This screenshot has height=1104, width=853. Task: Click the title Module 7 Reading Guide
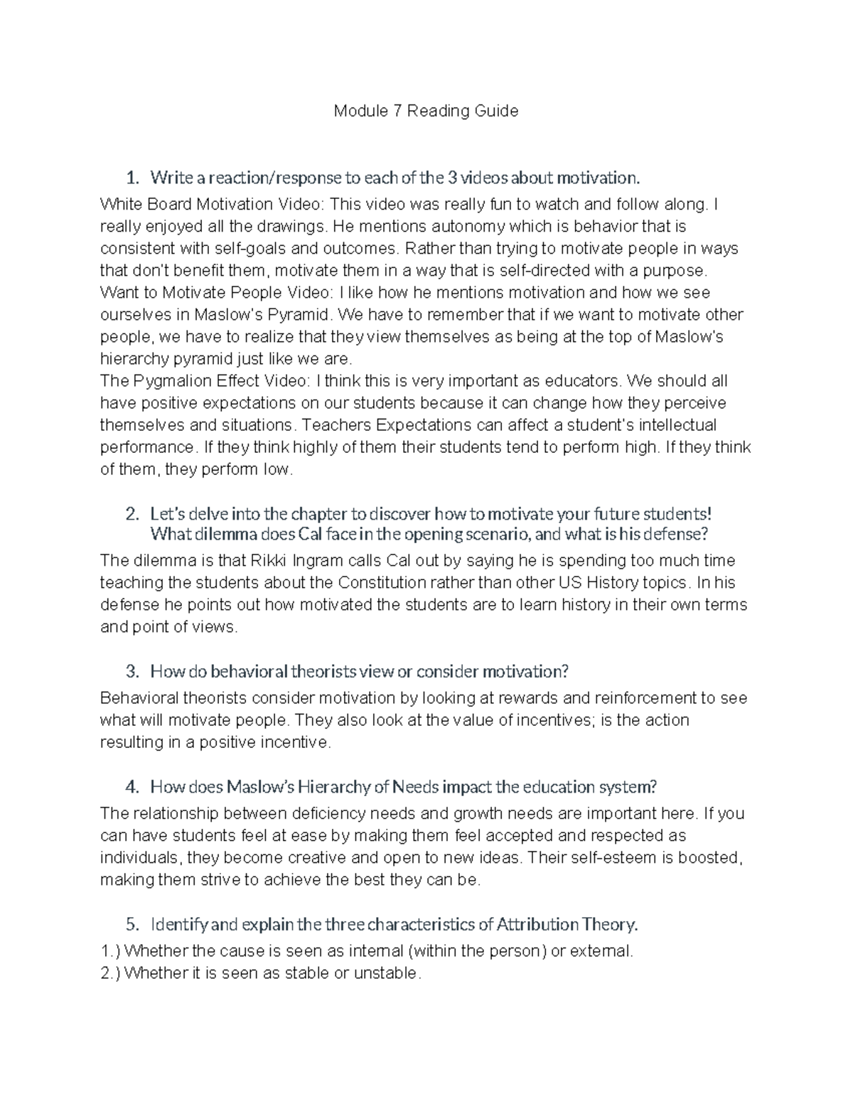pos(426,111)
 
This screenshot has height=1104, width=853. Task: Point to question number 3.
pos(131,672)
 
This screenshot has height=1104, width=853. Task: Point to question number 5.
pos(131,925)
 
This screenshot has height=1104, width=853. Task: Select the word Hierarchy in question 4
pos(334,787)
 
